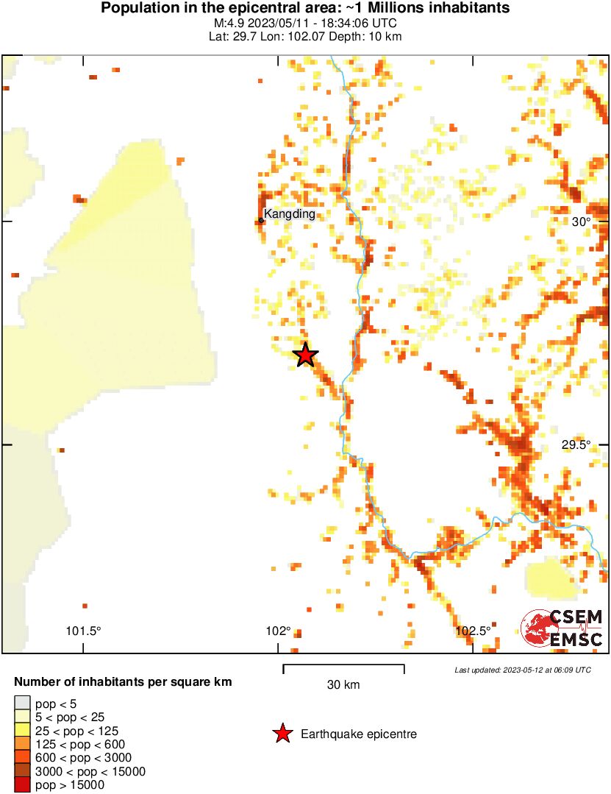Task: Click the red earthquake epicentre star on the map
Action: [305, 355]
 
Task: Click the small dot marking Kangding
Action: [261, 220]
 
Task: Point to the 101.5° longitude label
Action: [83, 631]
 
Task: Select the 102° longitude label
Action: [279, 631]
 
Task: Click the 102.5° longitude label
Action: [474, 631]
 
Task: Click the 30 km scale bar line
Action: [343, 666]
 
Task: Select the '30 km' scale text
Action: [343, 685]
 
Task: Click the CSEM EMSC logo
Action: [562, 628]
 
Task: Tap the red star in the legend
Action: [282, 734]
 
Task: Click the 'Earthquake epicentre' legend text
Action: [359, 734]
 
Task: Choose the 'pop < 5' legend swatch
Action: [23, 703]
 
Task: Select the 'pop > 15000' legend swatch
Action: [23, 785]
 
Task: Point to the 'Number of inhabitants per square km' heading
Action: [123, 682]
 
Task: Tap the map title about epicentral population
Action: [305, 9]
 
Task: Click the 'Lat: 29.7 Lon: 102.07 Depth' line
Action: [305, 37]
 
